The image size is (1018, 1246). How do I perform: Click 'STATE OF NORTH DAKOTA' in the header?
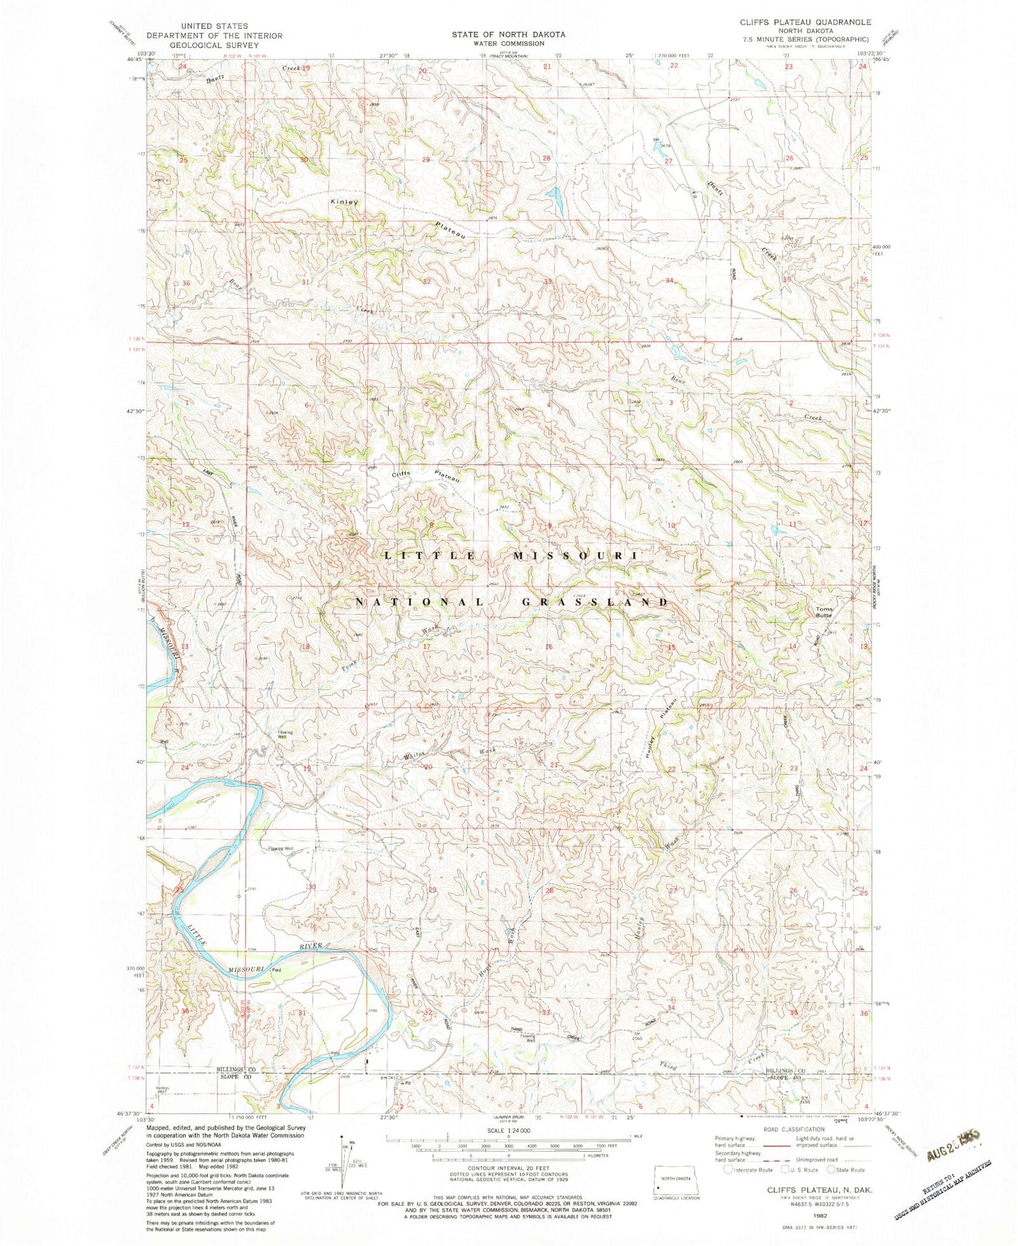click(509, 34)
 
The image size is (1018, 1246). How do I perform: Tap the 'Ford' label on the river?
click(276, 970)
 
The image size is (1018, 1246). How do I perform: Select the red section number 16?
click(548, 647)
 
